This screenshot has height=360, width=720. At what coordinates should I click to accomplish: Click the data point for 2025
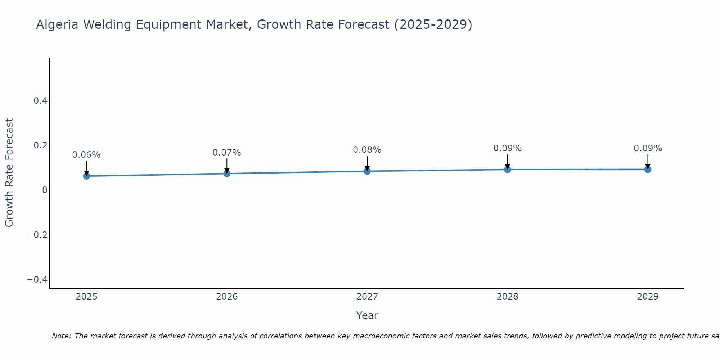[86, 176]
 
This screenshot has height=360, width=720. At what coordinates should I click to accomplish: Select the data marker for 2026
[227, 174]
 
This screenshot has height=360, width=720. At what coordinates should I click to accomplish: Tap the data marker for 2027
[367, 171]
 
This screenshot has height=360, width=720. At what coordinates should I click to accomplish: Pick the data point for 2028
[507, 169]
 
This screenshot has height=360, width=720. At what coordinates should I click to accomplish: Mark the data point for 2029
[648, 169]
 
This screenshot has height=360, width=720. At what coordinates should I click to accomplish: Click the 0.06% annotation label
[86, 155]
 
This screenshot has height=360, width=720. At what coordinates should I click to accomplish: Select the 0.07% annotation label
[227, 153]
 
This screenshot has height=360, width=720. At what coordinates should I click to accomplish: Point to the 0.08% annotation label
[367, 150]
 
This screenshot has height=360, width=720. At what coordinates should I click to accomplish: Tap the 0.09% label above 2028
[507, 148]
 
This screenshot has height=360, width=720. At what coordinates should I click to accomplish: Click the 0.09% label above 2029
[648, 148]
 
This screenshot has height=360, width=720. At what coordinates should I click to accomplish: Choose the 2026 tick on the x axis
[227, 297]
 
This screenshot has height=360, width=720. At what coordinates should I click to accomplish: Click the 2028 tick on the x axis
[507, 297]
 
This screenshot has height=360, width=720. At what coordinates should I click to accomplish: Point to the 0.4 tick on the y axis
[41, 101]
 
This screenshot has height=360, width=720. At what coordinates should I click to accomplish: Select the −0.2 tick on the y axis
[37, 235]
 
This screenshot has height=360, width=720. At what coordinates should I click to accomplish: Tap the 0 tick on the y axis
[45, 190]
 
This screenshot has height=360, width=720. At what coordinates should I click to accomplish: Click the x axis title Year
[367, 316]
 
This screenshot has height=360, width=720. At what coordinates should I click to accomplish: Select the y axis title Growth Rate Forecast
[9, 173]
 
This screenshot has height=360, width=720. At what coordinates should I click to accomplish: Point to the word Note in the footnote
[62, 336]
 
